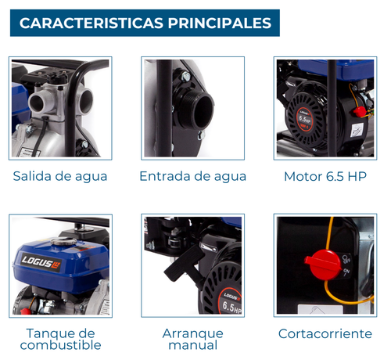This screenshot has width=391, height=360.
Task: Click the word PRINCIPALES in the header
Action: pos(220,23)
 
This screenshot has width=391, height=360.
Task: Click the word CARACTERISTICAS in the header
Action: pos(91,23)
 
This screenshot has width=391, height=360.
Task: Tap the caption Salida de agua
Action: pos(60,177)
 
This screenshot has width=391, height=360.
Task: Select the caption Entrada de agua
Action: pos(193,177)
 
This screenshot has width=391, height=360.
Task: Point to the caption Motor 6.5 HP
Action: pos(325,177)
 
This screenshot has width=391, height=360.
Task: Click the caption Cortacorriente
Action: pos(325,333)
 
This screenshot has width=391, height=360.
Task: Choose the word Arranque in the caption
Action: pos(193,334)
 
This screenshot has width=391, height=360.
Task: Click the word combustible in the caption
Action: pos(60,345)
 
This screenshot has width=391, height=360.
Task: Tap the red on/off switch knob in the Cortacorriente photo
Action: pos(324,264)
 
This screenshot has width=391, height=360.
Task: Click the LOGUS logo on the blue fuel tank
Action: pos(41,262)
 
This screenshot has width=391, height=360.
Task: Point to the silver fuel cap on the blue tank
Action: pos(63,242)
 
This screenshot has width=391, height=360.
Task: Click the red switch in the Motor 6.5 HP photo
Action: pos(359,111)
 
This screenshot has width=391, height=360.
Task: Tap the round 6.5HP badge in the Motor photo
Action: pos(304,119)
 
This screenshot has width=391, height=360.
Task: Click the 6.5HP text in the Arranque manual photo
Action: pos(231,307)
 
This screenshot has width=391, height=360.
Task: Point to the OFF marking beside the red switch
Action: pos(346,259)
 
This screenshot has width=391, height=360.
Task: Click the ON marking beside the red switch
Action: pos(346,272)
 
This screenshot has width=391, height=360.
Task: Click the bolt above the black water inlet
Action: pos(186,77)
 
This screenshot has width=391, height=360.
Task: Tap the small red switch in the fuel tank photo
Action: pos(25,311)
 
